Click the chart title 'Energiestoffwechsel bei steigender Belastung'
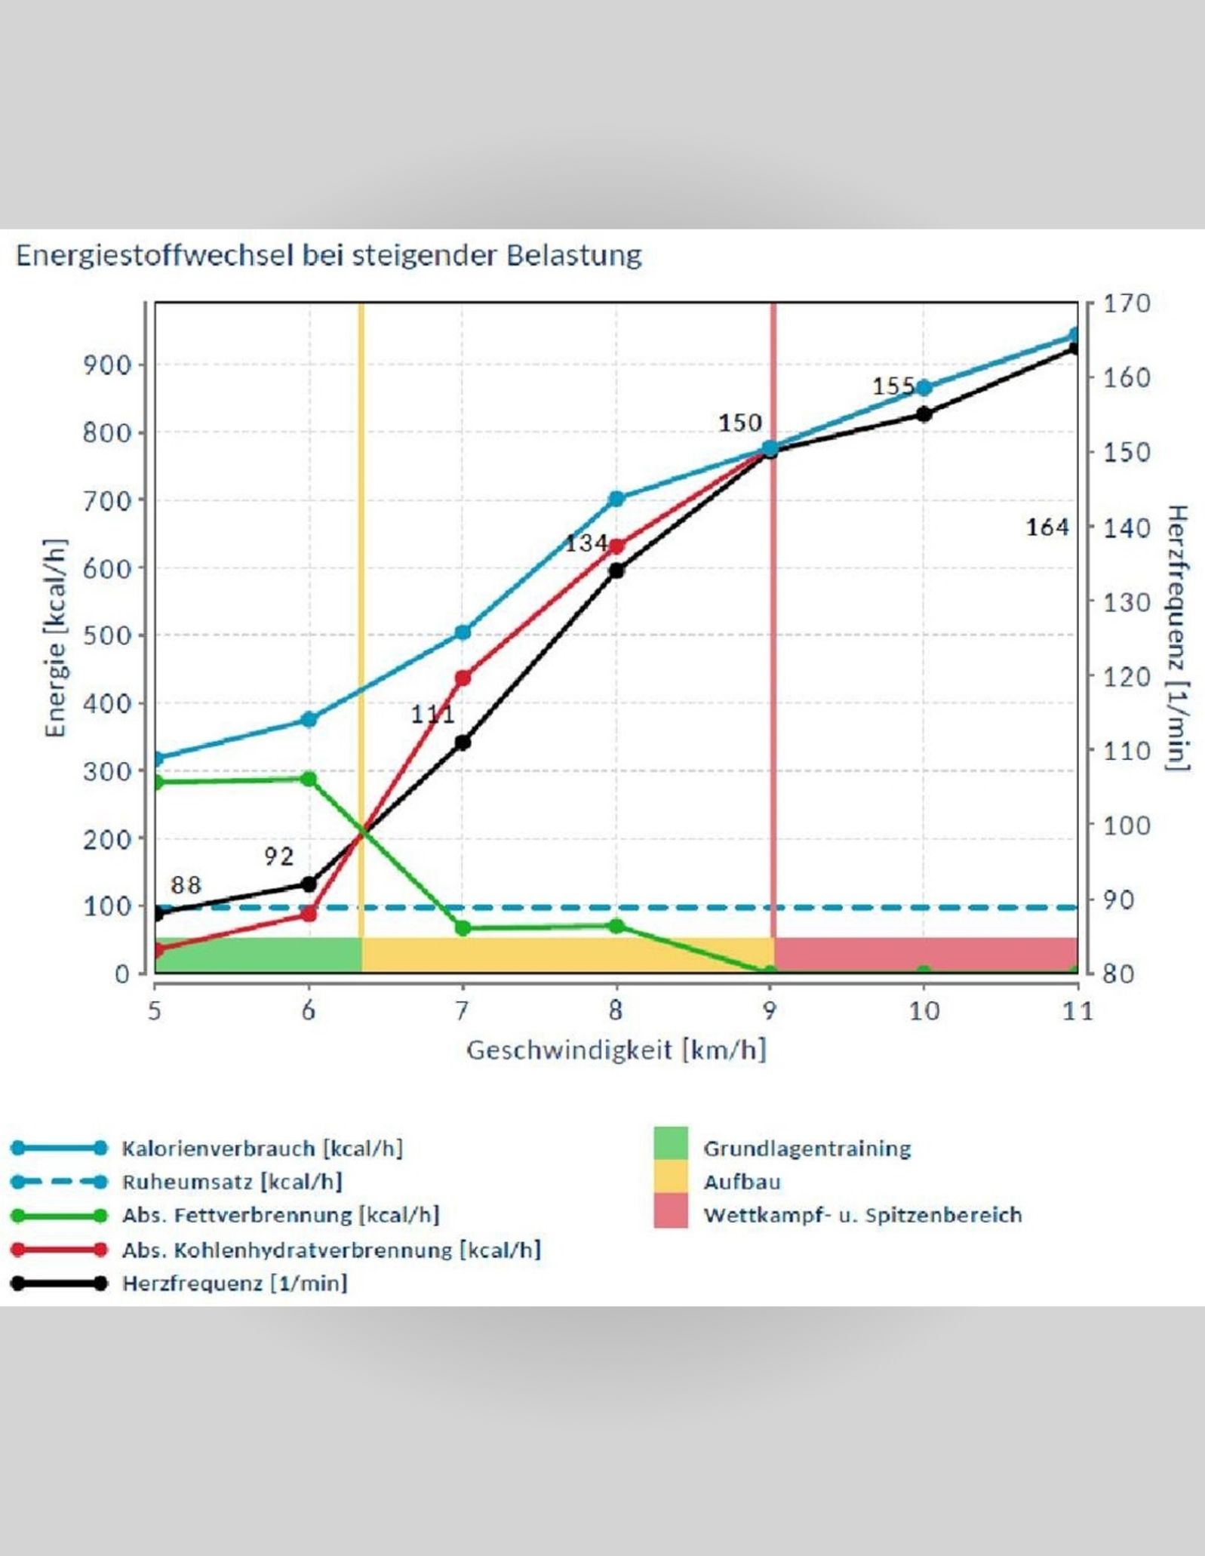pyautogui.click(x=328, y=256)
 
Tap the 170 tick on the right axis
pyautogui.click(x=1127, y=304)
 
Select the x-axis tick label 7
pyautogui.click(x=462, y=1010)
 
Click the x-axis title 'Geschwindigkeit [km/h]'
pyautogui.click(x=616, y=1050)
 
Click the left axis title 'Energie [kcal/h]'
pyautogui.click(x=56, y=638)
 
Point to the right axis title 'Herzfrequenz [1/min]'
pyautogui.click(x=1177, y=638)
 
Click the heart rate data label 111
pyautogui.click(x=432, y=714)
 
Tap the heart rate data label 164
pyautogui.click(x=1047, y=527)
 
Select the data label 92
pyautogui.click(x=278, y=856)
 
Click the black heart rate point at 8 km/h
pyautogui.click(x=616, y=570)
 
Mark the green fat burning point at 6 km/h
pyautogui.click(x=309, y=779)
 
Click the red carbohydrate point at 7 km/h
pyautogui.click(x=463, y=678)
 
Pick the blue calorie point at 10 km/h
pyautogui.click(x=924, y=388)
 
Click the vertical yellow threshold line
pyautogui.click(x=361, y=604)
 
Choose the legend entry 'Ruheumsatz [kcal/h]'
pyautogui.click(x=232, y=1181)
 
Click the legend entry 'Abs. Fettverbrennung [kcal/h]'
pyautogui.click(x=280, y=1215)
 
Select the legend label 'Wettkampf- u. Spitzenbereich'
pyautogui.click(x=862, y=1215)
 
